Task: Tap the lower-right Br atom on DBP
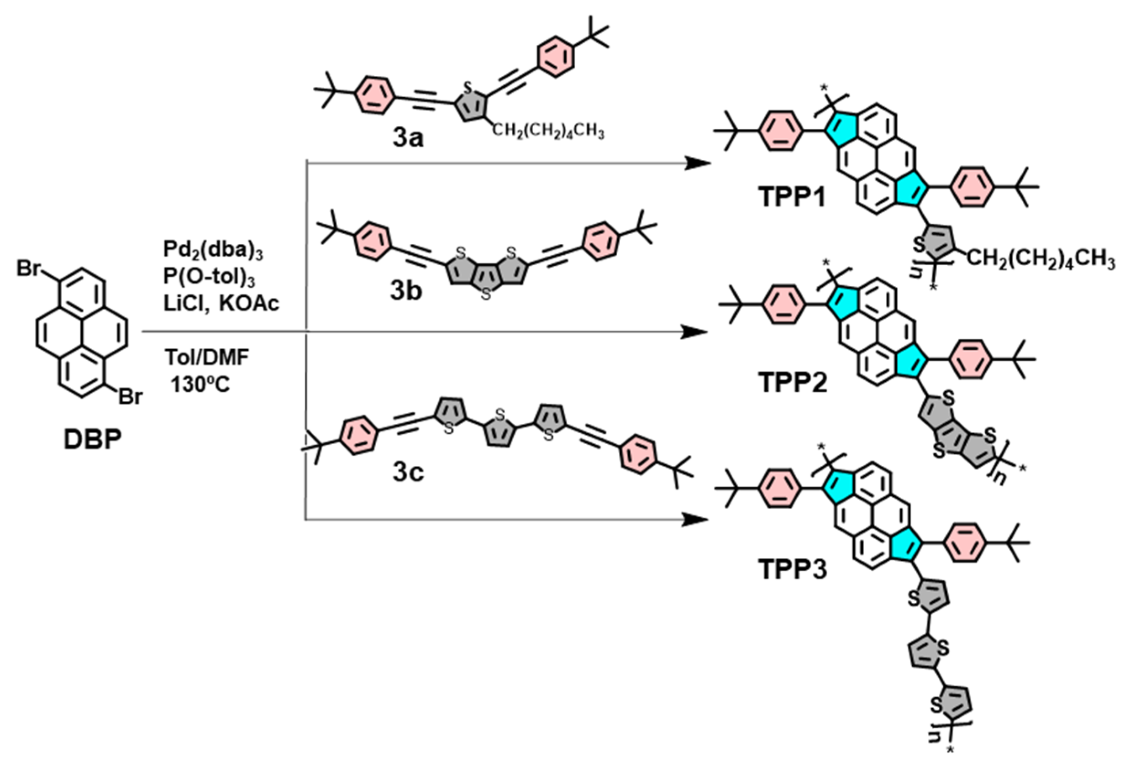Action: click(131, 397)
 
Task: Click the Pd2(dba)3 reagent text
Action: click(213, 250)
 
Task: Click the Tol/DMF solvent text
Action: click(207, 358)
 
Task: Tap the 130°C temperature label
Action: click(200, 385)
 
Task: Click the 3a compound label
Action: click(408, 139)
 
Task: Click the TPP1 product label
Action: click(792, 198)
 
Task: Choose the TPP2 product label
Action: click(793, 383)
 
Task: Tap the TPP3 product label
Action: click(793, 570)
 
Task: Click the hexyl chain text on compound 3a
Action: click(548, 131)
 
